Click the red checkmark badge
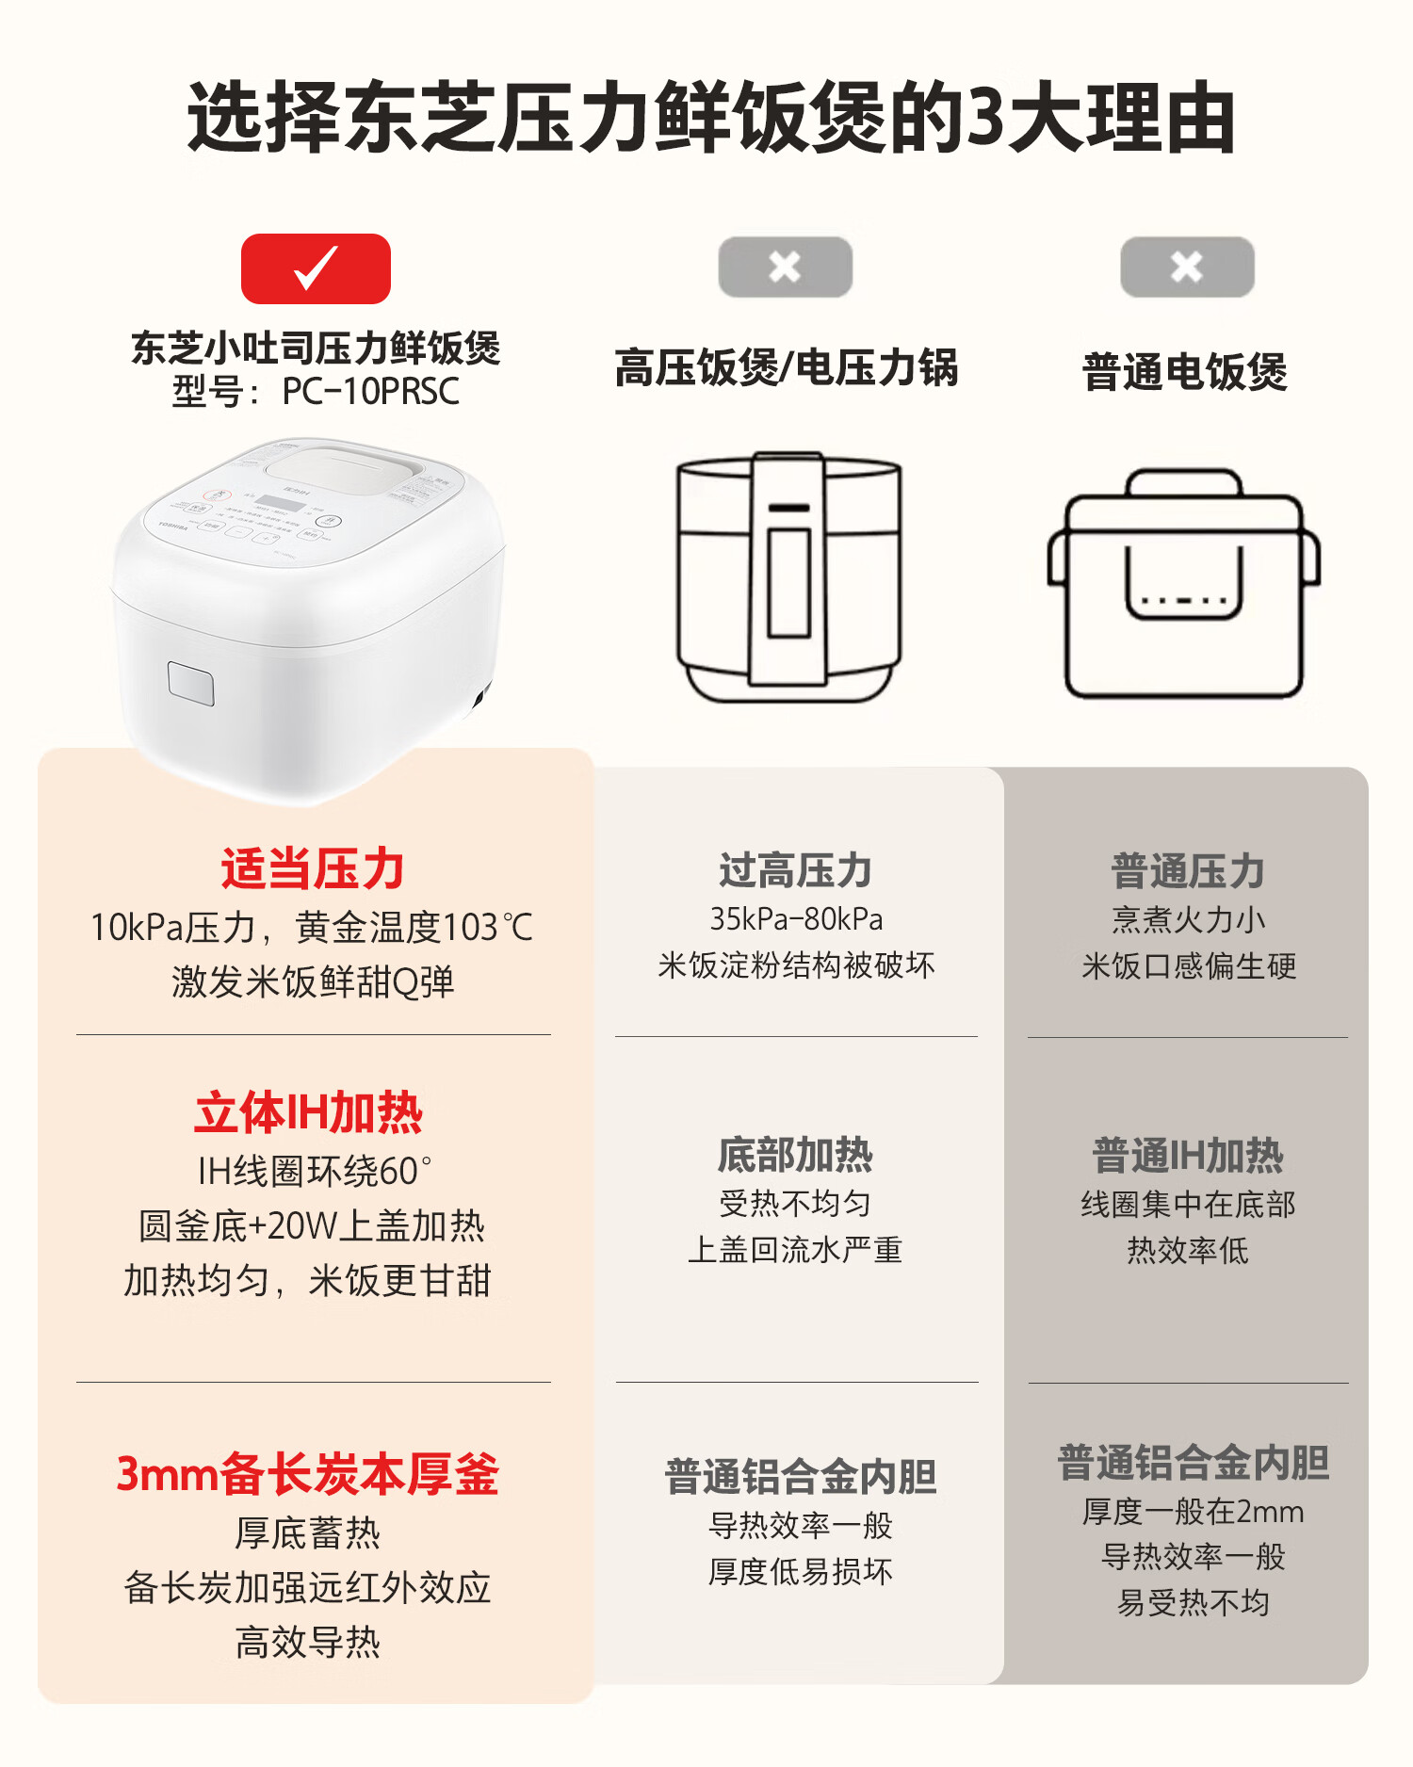pyautogui.click(x=316, y=268)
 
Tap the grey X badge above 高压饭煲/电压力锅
pyautogui.click(x=785, y=267)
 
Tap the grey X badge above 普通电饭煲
pyautogui.click(x=1187, y=267)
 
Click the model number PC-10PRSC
pyautogui.click(x=371, y=391)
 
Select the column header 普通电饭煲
pyautogui.click(x=1185, y=371)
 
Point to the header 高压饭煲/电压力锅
pyautogui.click(x=787, y=367)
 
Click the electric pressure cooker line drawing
pyautogui.click(x=789, y=576)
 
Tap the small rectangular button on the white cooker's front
pyautogui.click(x=191, y=683)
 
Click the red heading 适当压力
pyautogui.click(x=313, y=868)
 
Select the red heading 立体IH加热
pyautogui.click(x=309, y=1112)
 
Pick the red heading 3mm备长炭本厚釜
pyautogui.click(x=308, y=1474)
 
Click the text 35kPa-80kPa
pyautogui.click(x=797, y=918)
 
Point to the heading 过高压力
pyautogui.click(x=796, y=870)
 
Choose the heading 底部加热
pyautogui.click(x=796, y=1155)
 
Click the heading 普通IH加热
pyautogui.click(x=1188, y=1156)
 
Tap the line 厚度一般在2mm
pyautogui.click(x=1194, y=1512)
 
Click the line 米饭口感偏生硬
pyautogui.click(x=1189, y=965)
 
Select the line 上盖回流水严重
pyautogui.click(x=796, y=1250)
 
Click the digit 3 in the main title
pyautogui.click(x=986, y=118)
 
